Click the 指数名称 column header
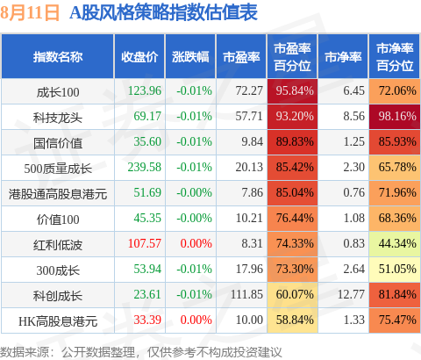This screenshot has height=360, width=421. click(58, 57)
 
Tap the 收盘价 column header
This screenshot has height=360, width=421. click(139, 57)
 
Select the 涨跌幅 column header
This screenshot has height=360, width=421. click(190, 57)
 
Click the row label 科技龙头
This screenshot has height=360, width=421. click(58, 118)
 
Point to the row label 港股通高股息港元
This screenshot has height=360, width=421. click(58, 194)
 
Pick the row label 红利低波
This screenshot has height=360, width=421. click(58, 245)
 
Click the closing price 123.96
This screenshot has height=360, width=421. click(145, 90)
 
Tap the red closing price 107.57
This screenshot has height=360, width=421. click(145, 243)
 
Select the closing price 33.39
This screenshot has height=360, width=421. click(147, 320)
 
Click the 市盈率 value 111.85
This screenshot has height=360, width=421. click(246, 294)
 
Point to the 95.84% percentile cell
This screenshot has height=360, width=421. click(292, 90)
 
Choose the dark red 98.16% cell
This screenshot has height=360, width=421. click(395, 116)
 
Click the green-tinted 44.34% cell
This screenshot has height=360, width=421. click(395, 243)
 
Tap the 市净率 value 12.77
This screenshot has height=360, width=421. click(351, 294)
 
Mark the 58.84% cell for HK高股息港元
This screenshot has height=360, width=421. click(292, 320)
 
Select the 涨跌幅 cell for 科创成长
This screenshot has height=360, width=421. click(194, 294)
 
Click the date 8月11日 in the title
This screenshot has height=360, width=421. click(30, 13)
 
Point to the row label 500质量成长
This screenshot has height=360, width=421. click(58, 169)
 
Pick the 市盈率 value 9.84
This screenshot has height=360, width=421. click(252, 141)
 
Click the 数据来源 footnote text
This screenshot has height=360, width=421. click(140, 352)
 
